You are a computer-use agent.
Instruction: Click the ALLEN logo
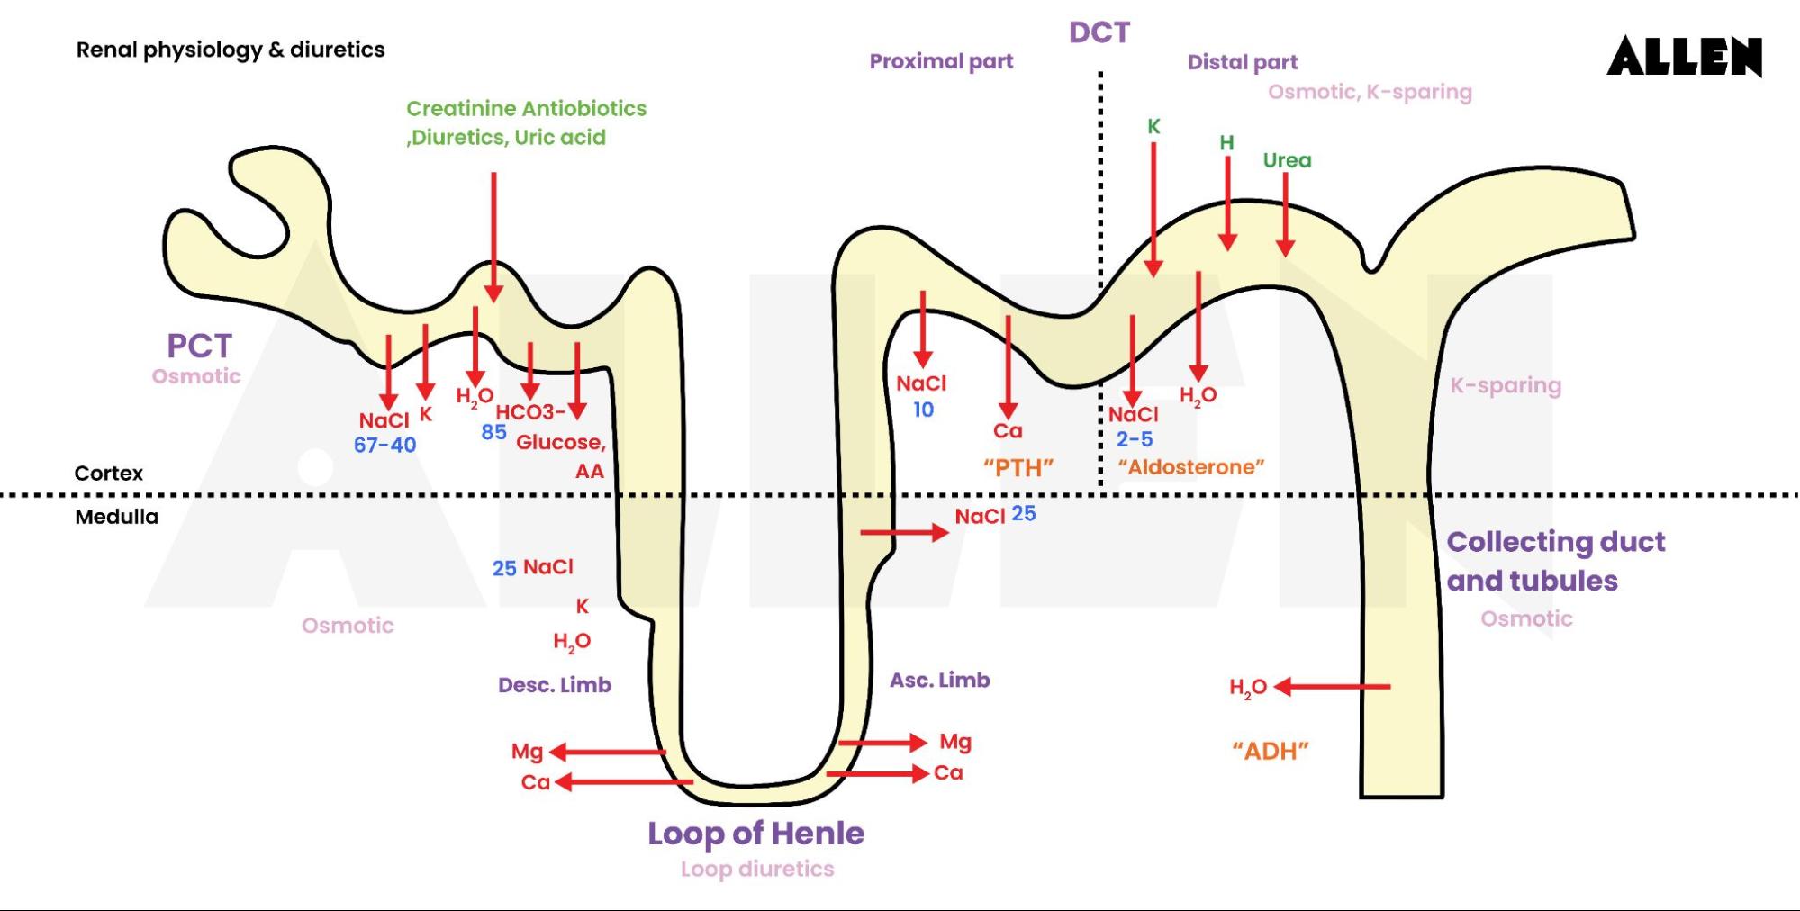click(1684, 57)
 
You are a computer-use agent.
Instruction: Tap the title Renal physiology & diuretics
click(230, 50)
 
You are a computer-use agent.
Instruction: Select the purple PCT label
click(199, 346)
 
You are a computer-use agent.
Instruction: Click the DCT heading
click(1099, 32)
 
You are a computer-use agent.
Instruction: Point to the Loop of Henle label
click(755, 834)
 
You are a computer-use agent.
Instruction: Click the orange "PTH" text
click(1018, 468)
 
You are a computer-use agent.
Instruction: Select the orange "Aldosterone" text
click(1190, 467)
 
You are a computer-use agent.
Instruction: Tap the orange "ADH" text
click(1270, 751)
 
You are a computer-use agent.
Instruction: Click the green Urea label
click(1287, 160)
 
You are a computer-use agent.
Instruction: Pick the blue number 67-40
click(384, 445)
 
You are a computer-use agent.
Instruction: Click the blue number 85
click(493, 432)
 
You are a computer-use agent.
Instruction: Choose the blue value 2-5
click(1134, 439)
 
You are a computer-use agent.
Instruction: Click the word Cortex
click(108, 474)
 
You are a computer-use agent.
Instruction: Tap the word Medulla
click(116, 517)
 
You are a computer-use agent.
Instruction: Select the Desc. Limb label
click(554, 685)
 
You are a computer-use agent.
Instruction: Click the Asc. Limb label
click(939, 681)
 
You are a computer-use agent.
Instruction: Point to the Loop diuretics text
click(756, 870)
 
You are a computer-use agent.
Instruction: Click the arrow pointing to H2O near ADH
click(1333, 687)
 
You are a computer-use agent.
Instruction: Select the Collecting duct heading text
click(1555, 542)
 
